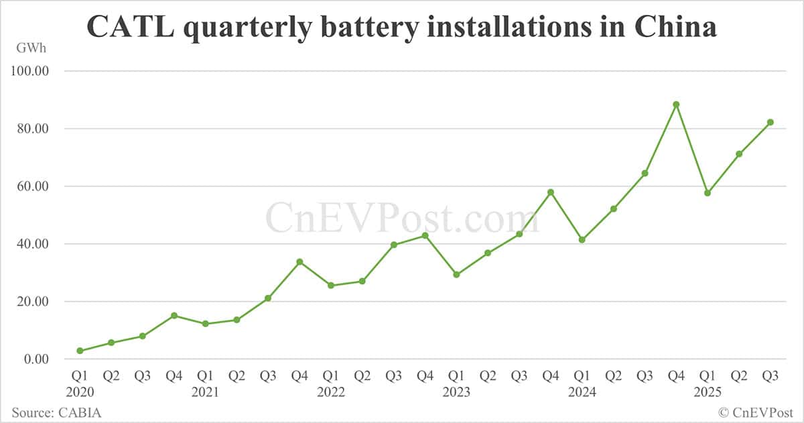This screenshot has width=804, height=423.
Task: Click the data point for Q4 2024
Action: [x=676, y=105]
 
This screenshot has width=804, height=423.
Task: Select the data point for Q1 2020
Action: [x=80, y=351]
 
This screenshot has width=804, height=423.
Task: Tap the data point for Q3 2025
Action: [x=770, y=122]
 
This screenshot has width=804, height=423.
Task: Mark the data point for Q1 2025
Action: [x=708, y=193]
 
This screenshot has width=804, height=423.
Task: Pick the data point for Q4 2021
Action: [x=299, y=261]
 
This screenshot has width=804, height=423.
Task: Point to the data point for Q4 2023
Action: [x=551, y=192]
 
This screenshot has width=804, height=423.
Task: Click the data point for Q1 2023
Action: [x=456, y=275]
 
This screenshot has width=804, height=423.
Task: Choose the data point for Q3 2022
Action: [x=394, y=245]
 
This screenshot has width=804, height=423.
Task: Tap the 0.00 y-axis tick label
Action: [x=36, y=359]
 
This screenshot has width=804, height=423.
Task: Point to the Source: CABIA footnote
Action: [x=56, y=412]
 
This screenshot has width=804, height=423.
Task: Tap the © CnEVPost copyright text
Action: [x=756, y=412]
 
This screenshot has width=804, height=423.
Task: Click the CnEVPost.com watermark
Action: [x=402, y=219]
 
